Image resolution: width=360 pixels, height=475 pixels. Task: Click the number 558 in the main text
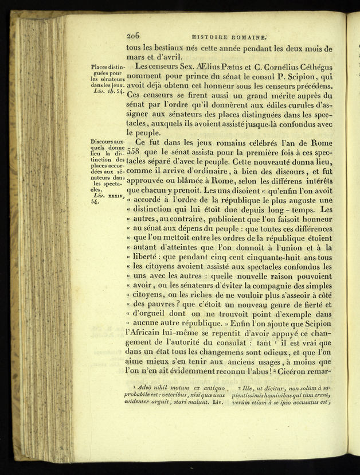click(133, 151)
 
